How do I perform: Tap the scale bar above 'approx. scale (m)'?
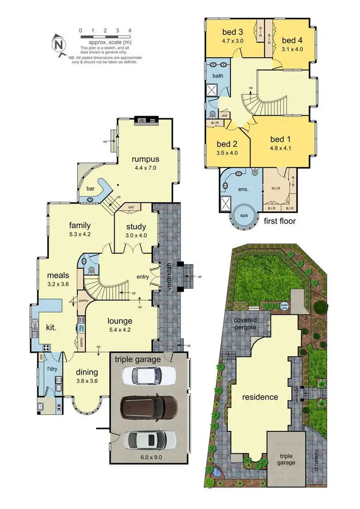[106, 36]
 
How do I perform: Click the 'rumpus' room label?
[146, 159]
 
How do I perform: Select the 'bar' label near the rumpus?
[90, 189]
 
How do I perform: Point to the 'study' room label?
[136, 227]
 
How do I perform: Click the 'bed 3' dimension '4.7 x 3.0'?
[233, 41]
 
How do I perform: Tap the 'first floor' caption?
[280, 221]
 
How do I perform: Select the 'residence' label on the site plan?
[260, 397]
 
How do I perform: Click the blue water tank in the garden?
[284, 306]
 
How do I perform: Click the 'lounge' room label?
[120, 321]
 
